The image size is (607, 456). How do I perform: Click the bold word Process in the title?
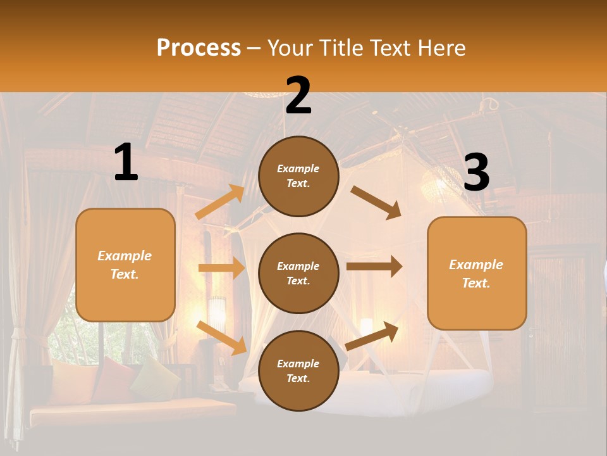click(x=199, y=48)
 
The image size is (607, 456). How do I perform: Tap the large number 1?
click(x=126, y=163)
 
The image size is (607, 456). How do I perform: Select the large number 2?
click(x=298, y=96)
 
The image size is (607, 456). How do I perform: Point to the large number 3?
click(x=476, y=173)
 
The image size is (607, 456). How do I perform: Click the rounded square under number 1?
click(x=125, y=265)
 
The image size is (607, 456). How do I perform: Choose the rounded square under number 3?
click(x=477, y=273)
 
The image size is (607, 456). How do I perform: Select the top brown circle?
click(x=298, y=176)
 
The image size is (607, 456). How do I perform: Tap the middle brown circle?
click(x=298, y=273)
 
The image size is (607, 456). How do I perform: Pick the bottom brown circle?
click(x=298, y=370)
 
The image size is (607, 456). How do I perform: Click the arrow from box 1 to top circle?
click(x=220, y=202)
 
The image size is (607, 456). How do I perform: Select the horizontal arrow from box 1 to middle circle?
click(x=221, y=268)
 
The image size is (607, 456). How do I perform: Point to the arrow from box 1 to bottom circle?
click(x=221, y=337)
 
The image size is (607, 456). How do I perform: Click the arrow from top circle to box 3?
click(x=376, y=202)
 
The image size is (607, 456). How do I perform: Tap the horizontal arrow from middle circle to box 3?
click(x=374, y=267)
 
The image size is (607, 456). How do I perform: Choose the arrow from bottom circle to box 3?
click(x=372, y=336)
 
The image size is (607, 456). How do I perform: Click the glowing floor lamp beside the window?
click(x=217, y=313)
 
